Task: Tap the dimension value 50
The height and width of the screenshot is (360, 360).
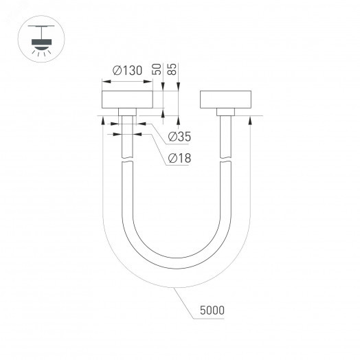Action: pos(157,69)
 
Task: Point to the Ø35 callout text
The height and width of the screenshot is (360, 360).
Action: pos(179,137)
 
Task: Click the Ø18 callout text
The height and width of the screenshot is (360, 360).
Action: pos(179,159)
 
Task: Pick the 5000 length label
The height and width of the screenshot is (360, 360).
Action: pos(212,311)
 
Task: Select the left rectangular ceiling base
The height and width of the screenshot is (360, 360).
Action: pos(127,99)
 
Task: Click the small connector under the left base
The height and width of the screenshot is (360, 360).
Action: pos(127,113)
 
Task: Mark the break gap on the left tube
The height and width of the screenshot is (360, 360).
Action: pos(127,161)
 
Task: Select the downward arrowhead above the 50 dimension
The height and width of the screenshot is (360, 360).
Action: pos(163,87)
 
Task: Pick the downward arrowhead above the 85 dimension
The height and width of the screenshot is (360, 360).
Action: pos(178,87)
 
